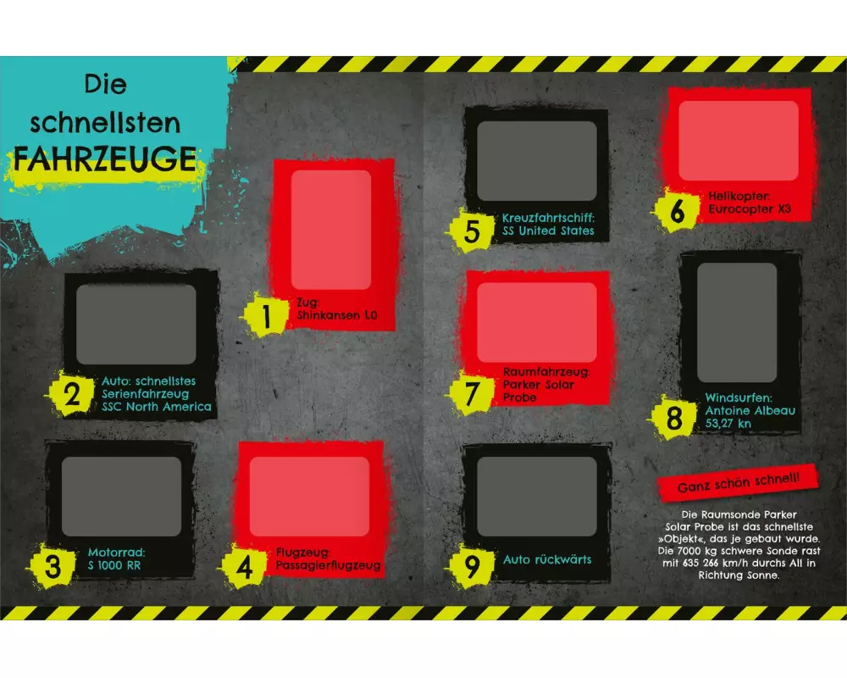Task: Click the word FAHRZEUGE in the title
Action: [x=105, y=158]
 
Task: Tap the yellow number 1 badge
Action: [x=265, y=315]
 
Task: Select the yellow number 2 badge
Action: [x=71, y=394]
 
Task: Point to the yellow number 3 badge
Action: [x=53, y=566]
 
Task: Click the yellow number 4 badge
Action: [x=244, y=567]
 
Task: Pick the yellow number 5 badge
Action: [x=472, y=231]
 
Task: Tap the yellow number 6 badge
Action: [x=677, y=210]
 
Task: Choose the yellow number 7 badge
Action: [x=471, y=393]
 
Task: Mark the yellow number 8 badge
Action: [x=673, y=418]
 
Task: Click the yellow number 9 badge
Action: [x=472, y=566]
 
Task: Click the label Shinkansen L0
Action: [x=336, y=315]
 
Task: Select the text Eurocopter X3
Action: [x=750, y=209]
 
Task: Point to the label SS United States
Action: [x=548, y=231]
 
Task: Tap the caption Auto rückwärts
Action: [x=547, y=559]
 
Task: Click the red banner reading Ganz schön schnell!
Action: [x=739, y=481]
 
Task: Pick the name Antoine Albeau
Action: [x=750, y=410]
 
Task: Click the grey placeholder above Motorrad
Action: [x=121, y=497]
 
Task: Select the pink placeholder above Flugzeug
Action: [x=309, y=497]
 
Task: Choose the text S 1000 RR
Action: [x=114, y=565]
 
